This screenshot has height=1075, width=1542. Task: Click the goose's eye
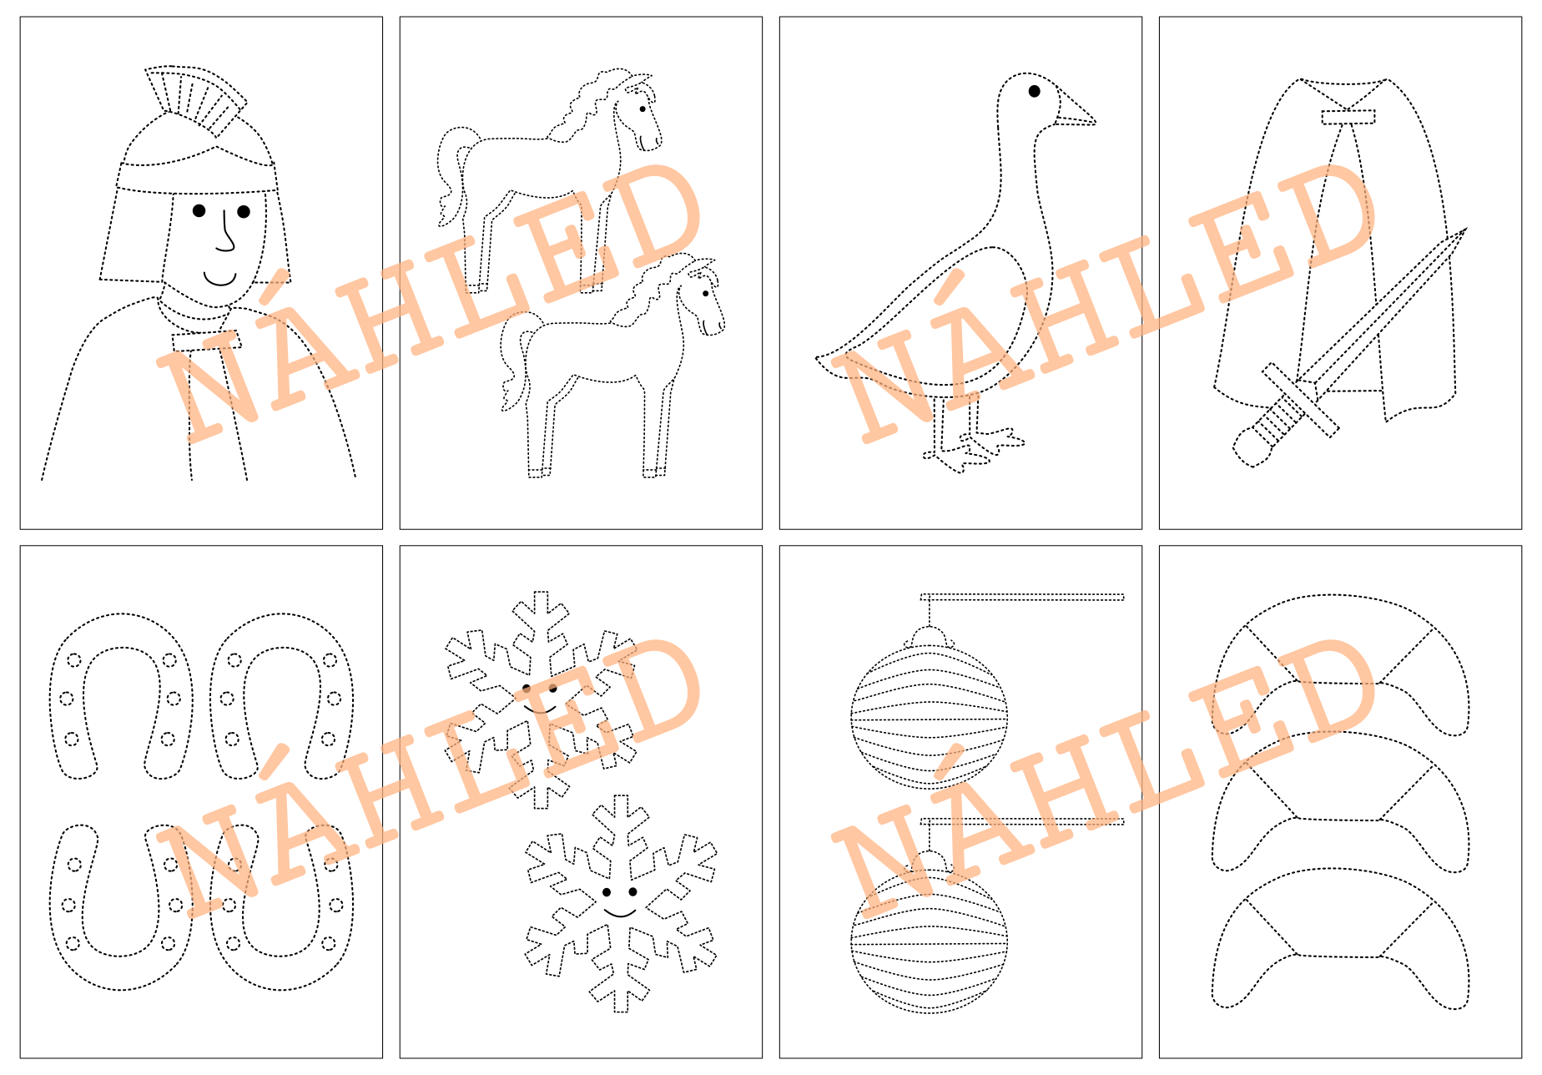tap(1035, 91)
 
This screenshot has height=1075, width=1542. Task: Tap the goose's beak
tap(1077, 109)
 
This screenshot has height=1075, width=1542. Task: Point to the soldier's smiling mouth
tap(220, 279)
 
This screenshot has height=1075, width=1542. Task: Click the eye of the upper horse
tap(642, 109)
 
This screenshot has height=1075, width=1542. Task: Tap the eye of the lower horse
tap(706, 294)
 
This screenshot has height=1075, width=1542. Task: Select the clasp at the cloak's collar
tap(1348, 117)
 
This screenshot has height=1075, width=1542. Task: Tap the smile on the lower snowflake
tap(620, 912)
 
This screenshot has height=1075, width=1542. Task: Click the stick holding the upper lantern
tap(1022, 597)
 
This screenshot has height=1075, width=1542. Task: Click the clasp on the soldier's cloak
tap(206, 341)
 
